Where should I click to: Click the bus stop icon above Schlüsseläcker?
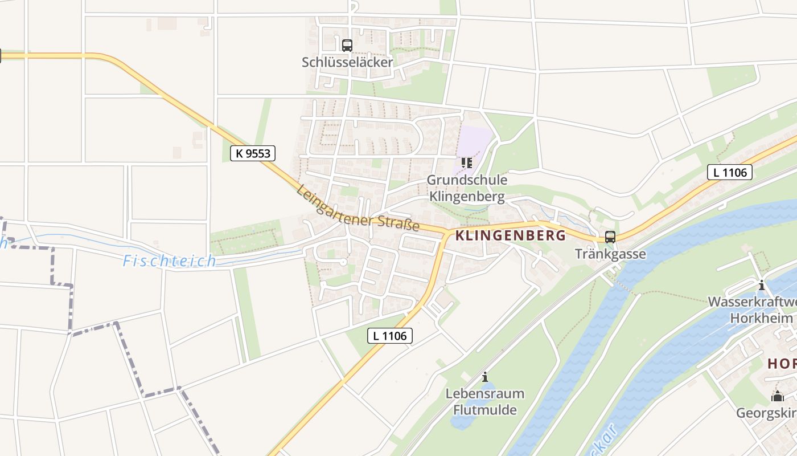347,45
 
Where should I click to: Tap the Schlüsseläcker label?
347,62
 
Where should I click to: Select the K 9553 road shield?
253,153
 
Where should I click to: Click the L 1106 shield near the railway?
729,172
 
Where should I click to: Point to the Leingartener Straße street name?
358,209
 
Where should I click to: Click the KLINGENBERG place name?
511,235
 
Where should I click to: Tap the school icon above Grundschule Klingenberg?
467,163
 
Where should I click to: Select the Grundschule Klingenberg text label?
467,189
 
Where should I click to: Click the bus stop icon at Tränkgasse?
610,237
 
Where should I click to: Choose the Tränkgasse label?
610,254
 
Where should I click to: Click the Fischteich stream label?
170,261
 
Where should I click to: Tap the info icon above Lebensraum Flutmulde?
485,377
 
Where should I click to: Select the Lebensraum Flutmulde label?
485,401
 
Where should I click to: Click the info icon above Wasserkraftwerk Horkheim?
761,285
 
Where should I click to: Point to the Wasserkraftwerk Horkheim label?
751,310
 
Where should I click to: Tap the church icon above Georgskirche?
777,396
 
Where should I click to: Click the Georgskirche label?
766,413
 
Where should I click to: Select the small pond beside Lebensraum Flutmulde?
462,420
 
